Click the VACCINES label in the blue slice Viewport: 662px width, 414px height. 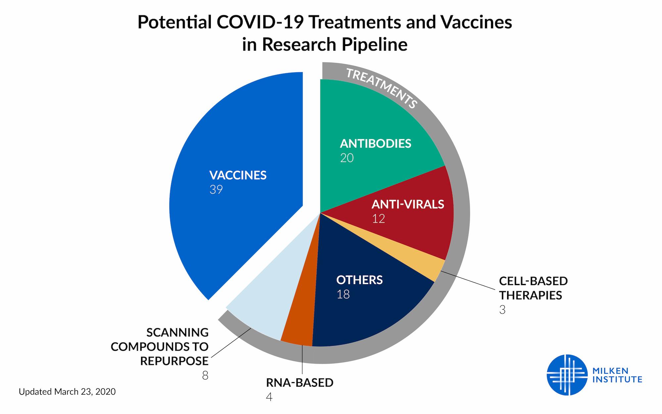(238, 175)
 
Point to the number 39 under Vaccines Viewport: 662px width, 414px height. (216, 190)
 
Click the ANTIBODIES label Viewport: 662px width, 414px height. (375, 143)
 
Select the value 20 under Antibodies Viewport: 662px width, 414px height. (347, 158)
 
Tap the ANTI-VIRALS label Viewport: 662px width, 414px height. (407, 204)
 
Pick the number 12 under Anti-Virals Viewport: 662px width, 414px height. (378, 219)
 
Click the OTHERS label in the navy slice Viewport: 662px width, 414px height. (359, 280)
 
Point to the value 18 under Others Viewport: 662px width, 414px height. (343, 294)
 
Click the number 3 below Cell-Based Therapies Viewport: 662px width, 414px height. (502, 310)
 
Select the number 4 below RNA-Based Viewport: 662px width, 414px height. (269, 397)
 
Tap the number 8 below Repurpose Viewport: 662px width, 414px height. (205, 376)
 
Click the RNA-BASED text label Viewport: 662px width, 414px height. (300, 383)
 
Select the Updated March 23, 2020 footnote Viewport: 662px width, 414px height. (67, 392)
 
